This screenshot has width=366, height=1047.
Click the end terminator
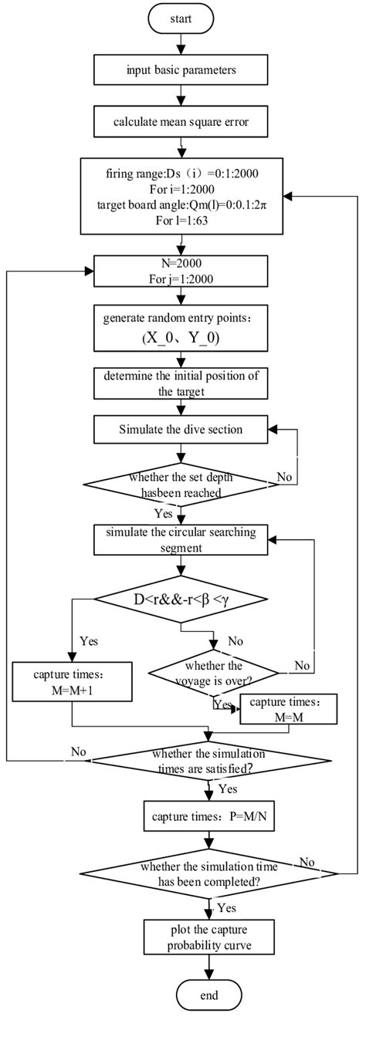click(209, 1017)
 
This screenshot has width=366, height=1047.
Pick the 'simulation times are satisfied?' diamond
click(209, 759)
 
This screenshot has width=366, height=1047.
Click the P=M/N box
click(209, 814)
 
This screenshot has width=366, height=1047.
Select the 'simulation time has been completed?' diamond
click(209, 872)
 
